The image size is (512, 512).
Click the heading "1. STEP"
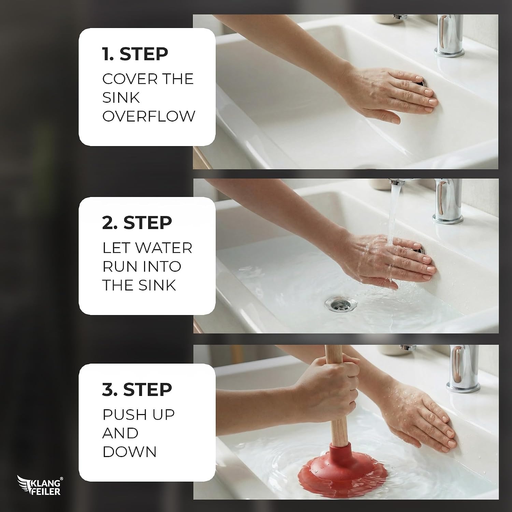135,54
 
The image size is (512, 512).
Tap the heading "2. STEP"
137,223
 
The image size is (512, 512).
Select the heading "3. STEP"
137,389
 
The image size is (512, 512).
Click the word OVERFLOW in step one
149,116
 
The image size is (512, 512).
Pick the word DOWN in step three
129,452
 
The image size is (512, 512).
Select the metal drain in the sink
341,303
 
